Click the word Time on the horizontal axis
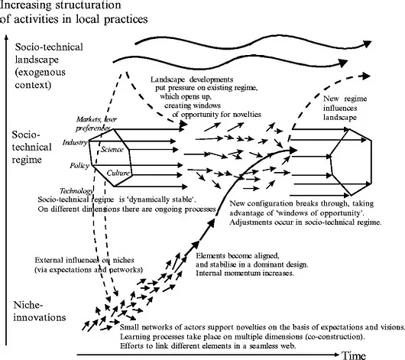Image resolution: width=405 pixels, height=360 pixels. click(x=354, y=355)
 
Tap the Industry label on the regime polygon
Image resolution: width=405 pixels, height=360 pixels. click(x=75, y=142)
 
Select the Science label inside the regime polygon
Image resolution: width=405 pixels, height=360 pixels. click(x=112, y=149)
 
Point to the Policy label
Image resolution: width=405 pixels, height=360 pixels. click(x=79, y=166)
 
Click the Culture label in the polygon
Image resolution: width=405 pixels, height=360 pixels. click(x=118, y=173)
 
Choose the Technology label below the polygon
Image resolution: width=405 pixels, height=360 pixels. click(x=76, y=191)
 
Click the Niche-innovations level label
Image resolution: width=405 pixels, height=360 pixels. click(x=40, y=311)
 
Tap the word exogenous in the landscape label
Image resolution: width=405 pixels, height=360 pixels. click(x=40, y=73)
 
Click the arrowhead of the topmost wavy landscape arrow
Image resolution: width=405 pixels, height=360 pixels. click(x=367, y=44)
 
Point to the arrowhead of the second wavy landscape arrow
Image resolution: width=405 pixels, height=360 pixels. click(x=343, y=63)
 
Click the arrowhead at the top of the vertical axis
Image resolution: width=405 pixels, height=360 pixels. click(x=6, y=37)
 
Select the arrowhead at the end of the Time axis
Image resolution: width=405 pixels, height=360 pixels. click(x=335, y=355)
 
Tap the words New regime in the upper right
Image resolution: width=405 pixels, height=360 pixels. click(x=345, y=99)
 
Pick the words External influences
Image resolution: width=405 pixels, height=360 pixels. click(x=66, y=260)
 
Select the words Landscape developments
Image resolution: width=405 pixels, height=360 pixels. click(x=192, y=79)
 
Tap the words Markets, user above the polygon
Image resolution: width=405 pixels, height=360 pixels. click(x=96, y=119)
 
